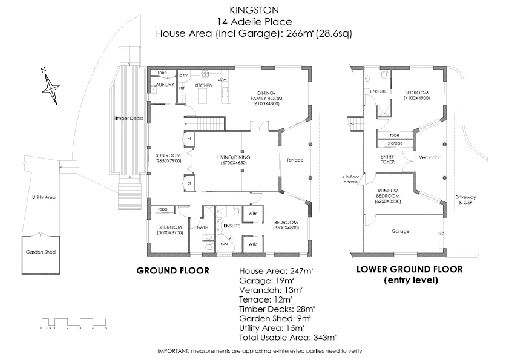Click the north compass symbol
[50, 85]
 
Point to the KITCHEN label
[203, 85]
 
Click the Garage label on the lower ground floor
[401, 231]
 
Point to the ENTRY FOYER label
[387, 160]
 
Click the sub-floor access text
[350, 180]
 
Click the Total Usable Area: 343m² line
[288, 336]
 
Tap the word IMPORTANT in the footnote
[175, 352]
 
